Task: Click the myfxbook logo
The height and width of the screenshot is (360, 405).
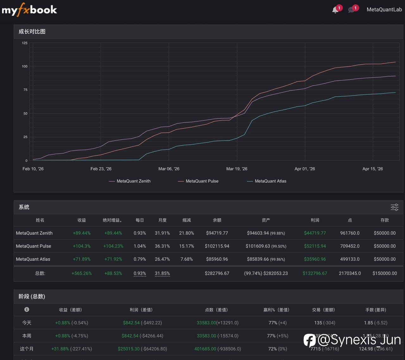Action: [x=29, y=10]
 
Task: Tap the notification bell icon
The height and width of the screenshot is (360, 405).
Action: [x=335, y=10]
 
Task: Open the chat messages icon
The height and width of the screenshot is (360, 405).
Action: [x=351, y=10]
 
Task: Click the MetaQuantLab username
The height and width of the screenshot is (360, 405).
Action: [x=384, y=9]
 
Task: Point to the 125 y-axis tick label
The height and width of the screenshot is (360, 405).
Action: [x=25, y=43]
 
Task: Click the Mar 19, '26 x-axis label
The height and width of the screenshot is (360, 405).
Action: [x=237, y=169]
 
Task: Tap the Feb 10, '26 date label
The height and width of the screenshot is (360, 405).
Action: [x=33, y=169]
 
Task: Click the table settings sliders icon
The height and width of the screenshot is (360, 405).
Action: [x=395, y=207]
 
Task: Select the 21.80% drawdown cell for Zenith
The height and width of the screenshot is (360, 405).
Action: [x=186, y=233]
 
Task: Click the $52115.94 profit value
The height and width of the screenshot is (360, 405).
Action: [x=315, y=246]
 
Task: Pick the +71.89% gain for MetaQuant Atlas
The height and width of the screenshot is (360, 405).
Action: [x=82, y=259]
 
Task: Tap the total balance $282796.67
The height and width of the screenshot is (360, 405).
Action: [x=217, y=273]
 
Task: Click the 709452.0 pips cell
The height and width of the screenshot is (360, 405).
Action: [x=350, y=246]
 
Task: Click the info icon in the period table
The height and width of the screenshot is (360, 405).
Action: [x=27, y=309]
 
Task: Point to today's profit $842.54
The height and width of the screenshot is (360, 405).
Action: [x=131, y=323]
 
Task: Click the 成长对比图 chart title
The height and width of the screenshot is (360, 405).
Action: [x=32, y=32]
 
